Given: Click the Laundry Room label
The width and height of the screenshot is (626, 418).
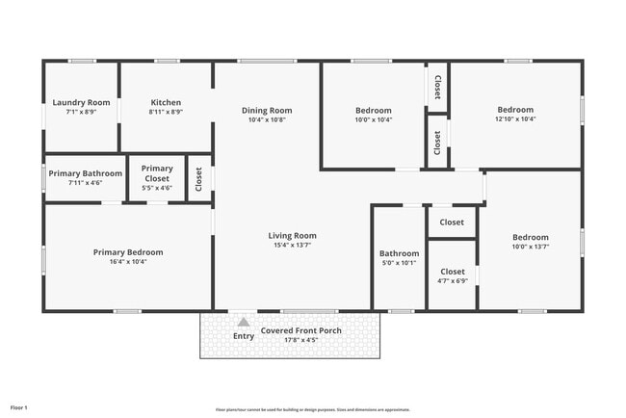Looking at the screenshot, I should (81, 102).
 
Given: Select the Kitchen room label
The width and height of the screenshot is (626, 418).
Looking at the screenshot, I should (166, 102).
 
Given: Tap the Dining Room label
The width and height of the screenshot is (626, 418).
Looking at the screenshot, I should (267, 111).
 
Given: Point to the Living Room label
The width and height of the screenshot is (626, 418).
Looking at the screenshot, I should (292, 235).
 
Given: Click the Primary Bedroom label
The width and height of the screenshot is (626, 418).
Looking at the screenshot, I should (128, 252).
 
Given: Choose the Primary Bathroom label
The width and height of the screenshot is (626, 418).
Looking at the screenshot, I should (86, 173).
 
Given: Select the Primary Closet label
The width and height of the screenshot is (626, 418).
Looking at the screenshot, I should (157, 173).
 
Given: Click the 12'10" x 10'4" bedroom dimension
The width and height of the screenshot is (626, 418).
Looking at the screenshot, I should (515, 118).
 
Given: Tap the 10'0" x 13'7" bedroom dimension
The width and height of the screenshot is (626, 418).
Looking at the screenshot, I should (530, 247).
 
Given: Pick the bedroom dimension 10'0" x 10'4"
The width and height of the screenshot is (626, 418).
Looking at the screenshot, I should (373, 119).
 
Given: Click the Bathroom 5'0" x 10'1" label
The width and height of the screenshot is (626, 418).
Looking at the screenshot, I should (399, 257).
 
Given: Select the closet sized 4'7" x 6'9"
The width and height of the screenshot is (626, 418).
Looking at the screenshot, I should (452, 281).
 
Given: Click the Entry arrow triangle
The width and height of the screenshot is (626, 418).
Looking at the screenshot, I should (244, 323).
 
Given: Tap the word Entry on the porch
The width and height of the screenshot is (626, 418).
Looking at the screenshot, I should (244, 336).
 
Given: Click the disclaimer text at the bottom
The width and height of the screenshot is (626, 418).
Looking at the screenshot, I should (312, 408).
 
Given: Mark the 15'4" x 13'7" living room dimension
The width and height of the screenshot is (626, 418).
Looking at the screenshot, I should (292, 245).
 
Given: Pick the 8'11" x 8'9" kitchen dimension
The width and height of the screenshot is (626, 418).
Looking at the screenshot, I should (166, 112).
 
